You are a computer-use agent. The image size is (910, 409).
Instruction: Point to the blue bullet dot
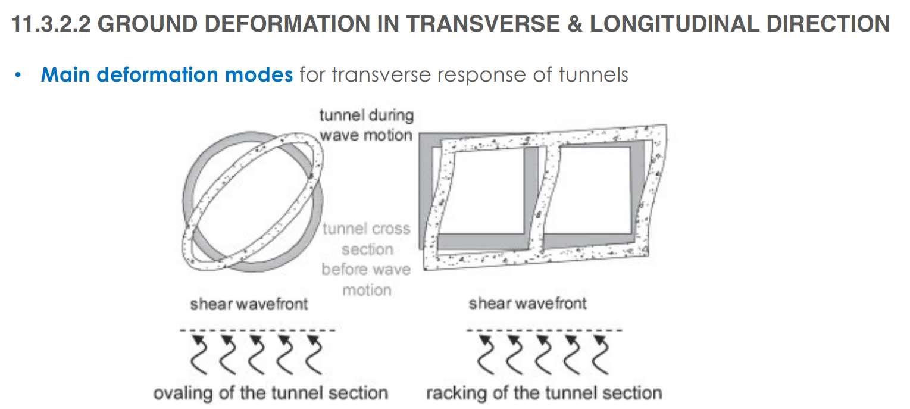[18, 76]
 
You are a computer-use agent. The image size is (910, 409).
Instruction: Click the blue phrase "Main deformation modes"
[167, 75]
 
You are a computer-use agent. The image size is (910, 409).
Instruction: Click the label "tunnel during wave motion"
[366, 124]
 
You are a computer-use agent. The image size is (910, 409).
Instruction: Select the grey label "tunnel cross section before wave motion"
[366, 259]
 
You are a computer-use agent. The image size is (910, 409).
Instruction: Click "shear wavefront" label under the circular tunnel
[249, 304]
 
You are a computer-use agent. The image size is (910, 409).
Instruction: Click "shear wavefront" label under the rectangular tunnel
[527, 304]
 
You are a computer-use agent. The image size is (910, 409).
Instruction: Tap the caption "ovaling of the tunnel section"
[271, 393]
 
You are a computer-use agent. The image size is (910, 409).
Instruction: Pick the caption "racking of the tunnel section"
[543, 393]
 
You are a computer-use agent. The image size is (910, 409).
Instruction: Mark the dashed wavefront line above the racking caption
[544, 329]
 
